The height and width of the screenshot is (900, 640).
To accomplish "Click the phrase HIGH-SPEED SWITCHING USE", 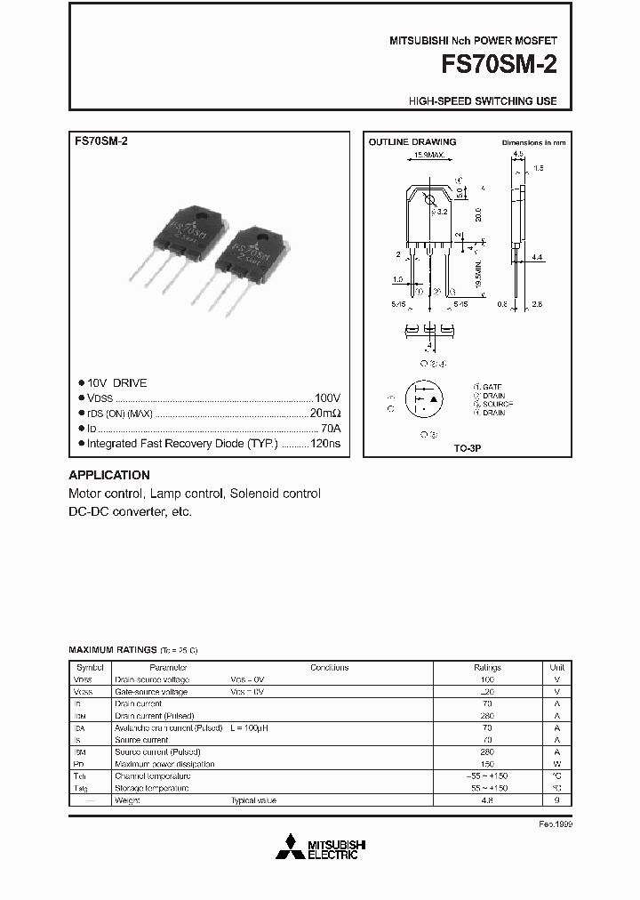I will tap(483, 101).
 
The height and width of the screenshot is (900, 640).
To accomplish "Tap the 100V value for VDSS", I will tap(327, 398).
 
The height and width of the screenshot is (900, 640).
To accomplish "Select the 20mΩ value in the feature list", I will tap(325, 414).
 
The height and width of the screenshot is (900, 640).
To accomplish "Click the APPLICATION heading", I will tap(109, 475).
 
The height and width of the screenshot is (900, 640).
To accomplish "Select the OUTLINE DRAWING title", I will tap(412, 142).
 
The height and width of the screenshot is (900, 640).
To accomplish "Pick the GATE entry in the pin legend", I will tap(490, 387).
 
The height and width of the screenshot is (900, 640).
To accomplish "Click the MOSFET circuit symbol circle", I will tap(424, 401).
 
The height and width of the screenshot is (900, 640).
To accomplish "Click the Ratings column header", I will tap(487, 667).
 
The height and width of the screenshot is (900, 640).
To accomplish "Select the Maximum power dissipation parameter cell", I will tap(164, 764).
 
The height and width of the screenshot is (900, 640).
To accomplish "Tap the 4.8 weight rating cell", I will tap(487, 800).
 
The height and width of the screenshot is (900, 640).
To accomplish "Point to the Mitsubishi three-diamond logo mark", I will tap(288, 848).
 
